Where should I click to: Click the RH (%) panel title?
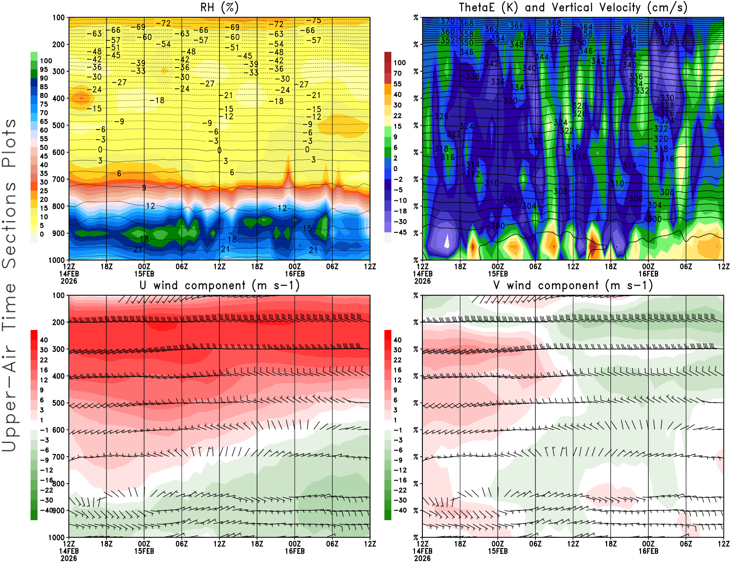click(220, 7)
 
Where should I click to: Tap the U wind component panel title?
click(220, 285)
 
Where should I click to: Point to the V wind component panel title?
click(573, 285)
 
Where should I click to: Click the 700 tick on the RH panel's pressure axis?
click(58, 179)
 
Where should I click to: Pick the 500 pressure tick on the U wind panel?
click(58, 403)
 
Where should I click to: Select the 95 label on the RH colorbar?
click(44, 69)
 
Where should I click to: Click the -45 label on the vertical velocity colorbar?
click(400, 232)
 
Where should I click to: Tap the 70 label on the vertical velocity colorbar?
click(397, 73)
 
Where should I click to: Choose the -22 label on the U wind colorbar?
click(46, 490)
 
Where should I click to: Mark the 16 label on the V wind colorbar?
click(397, 370)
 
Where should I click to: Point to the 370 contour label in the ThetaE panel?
click(447, 21)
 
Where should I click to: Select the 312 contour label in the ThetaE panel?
click(472, 174)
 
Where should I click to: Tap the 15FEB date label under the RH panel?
click(144, 274)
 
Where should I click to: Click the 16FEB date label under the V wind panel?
click(648, 551)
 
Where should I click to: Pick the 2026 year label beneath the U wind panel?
click(69, 558)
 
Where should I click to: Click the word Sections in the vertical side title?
click(9, 225)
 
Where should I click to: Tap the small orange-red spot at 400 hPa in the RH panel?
click(82, 98)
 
